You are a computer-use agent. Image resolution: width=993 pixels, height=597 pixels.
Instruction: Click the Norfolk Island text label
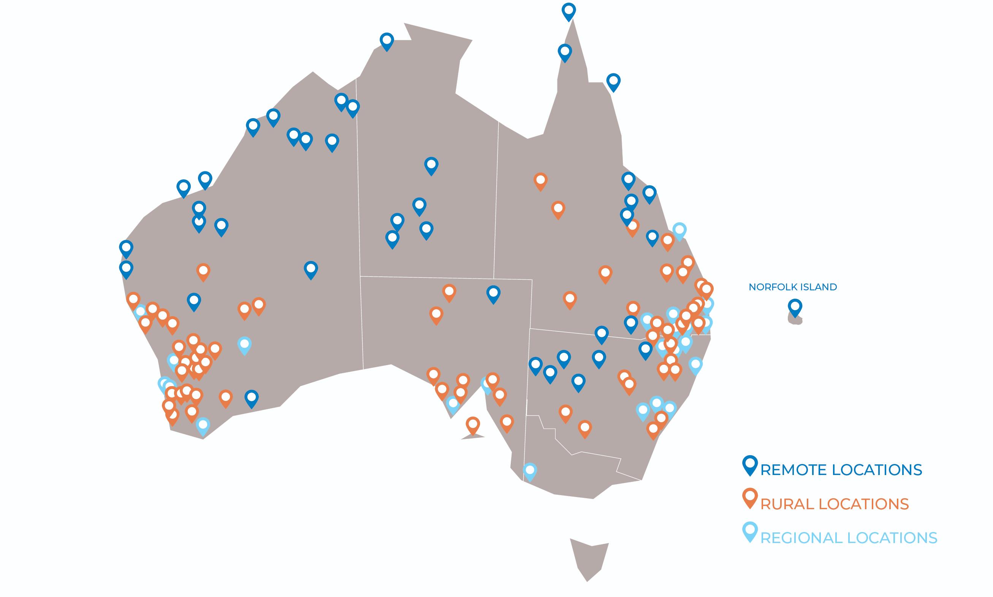793,287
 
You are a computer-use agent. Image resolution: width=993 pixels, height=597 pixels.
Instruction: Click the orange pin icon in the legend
750,499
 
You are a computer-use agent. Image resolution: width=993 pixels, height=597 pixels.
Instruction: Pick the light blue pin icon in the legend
750,533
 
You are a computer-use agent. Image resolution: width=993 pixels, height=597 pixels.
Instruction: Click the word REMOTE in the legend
793,470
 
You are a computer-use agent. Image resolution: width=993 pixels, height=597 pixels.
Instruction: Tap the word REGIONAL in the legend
801,538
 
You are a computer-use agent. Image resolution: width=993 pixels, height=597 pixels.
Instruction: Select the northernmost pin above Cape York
568,11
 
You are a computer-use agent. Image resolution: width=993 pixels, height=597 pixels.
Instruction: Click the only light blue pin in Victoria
530,472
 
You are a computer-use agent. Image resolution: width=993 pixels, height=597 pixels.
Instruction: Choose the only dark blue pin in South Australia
493,294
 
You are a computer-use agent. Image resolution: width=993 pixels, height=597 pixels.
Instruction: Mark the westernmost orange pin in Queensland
540,181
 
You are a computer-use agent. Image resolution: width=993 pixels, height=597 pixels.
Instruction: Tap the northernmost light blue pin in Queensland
679,231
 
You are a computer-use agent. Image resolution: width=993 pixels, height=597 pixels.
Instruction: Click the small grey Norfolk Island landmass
795,320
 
